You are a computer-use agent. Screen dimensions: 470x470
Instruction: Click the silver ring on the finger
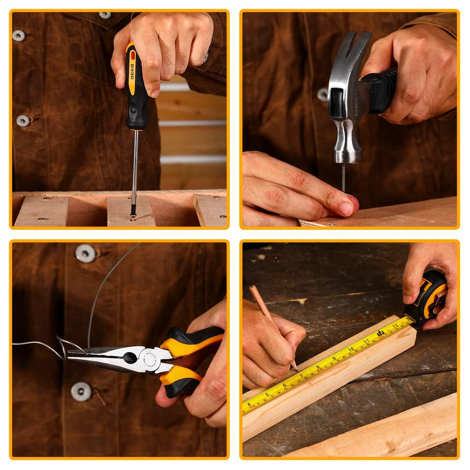pyautogui.click(x=205, y=58)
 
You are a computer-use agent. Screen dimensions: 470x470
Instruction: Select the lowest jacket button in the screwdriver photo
pyautogui.click(x=22, y=121)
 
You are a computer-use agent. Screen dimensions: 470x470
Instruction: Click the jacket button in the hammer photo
pyautogui.click(x=323, y=95)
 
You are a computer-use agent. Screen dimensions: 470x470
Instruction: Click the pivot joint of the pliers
pyautogui.click(x=149, y=359)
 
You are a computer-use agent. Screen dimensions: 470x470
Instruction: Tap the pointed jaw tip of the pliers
pyautogui.click(x=70, y=353)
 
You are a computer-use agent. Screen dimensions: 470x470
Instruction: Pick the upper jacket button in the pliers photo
pyautogui.click(x=85, y=253)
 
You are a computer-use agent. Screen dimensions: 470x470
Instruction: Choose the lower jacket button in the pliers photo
pyautogui.click(x=81, y=391)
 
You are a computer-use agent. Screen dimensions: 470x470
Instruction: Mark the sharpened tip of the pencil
pyautogui.click(x=297, y=370)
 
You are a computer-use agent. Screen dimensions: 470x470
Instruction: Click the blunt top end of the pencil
pyautogui.click(x=251, y=288)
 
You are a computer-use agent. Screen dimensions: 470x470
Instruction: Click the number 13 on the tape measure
pyautogui.click(x=395, y=326)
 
